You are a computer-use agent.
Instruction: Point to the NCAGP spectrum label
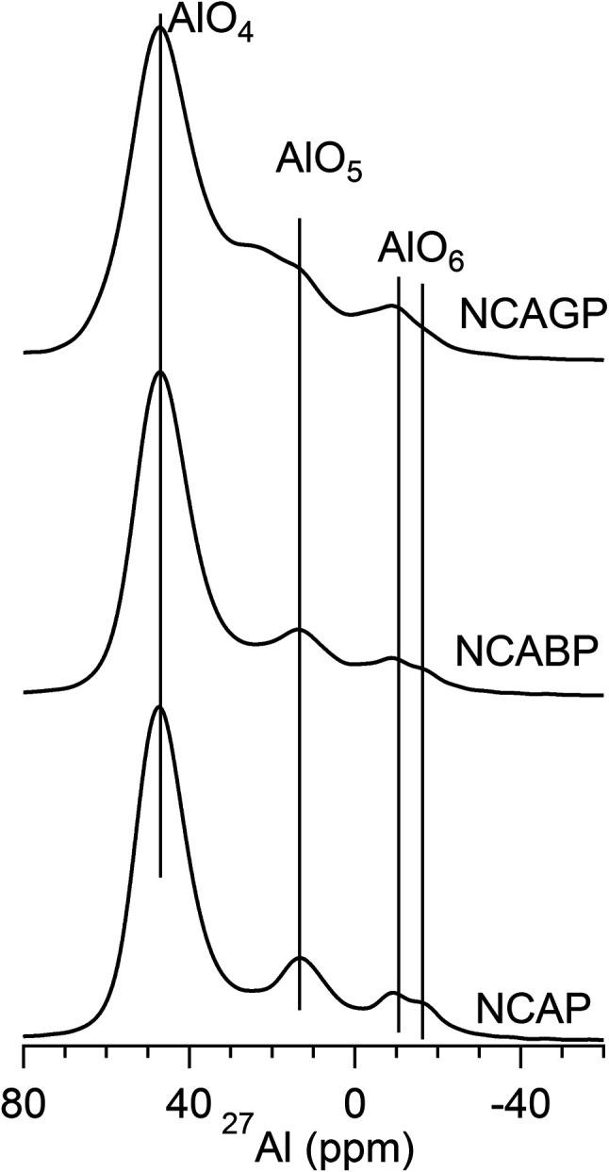click(x=531, y=315)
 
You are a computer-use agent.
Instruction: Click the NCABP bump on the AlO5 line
click(x=299, y=629)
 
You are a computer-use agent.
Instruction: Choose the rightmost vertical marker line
click(x=421, y=660)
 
